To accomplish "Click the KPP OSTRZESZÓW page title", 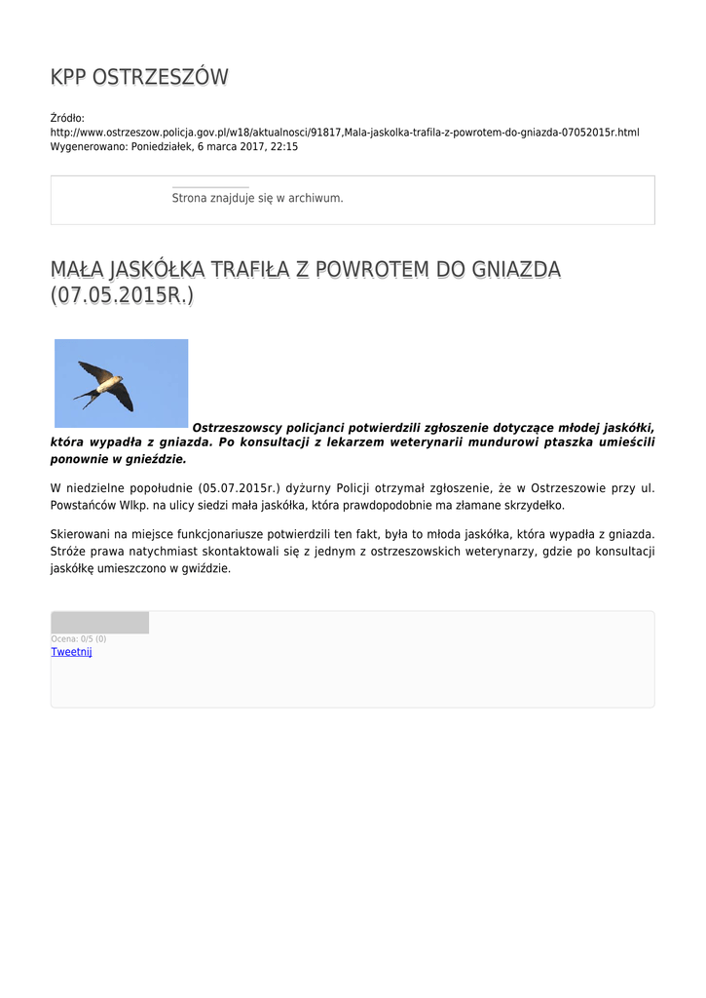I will click(x=139, y=77).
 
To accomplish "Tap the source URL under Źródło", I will click(x=345, y=132).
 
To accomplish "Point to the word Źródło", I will click(x=67, y=118).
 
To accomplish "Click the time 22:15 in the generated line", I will click(x=284, y=146).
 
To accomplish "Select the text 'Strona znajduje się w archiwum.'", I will click(x=257, y=198).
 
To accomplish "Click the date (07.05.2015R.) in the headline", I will click(x=122, y=295).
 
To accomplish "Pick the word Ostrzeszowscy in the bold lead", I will click(x=237, y=427).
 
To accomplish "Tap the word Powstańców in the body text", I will click(x=81, y=506).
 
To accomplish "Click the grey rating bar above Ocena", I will click(x=100, y=623).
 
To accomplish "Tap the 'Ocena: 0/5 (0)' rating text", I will click(x=79, y=639).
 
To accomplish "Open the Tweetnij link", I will click(x=71, y=652).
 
